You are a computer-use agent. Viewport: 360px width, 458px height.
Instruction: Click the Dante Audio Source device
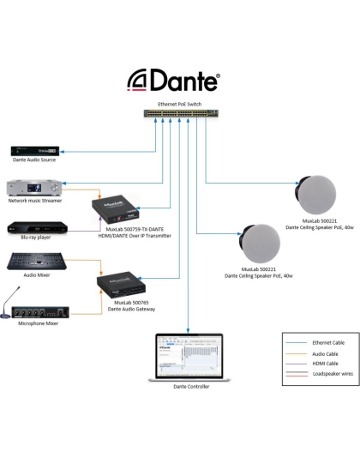tap(35, 151)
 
